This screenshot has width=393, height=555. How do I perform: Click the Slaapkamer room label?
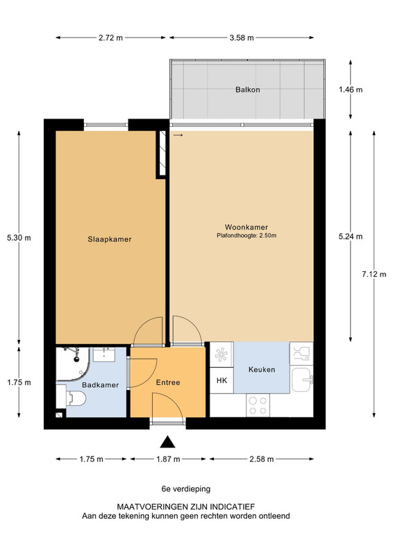tap(110, 239)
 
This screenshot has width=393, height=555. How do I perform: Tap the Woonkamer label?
tap(246, 228)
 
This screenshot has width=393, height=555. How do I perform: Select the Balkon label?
tap(248, 89)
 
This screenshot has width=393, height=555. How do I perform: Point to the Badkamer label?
tap(100, 385)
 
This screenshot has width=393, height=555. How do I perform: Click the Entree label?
tap(168, 383)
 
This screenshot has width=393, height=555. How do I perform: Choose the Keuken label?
tap(262, 370)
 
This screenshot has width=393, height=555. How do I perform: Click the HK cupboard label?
tap(221, 380)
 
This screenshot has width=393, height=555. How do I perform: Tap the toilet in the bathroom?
tap(76, 399)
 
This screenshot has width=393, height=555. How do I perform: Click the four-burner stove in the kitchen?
tap(258, 405)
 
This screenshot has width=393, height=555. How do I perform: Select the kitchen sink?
tap(302, 379)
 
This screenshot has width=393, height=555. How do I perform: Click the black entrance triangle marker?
tap(167, 442)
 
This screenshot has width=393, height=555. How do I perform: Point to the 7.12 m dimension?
tap(374, 274)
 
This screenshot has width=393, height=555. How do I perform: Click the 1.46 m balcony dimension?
tap(351, 89)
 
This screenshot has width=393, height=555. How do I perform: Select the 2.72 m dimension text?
tap(110, 37)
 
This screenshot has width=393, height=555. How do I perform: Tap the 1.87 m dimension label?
tap(168, 459)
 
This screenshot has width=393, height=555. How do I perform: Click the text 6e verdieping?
tap(186, 489)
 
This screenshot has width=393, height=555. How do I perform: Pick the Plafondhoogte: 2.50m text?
tap(246, 235)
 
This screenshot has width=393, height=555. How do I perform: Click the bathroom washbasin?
tap(104, 355)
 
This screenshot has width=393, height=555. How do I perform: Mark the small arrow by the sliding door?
tap(178, 135)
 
